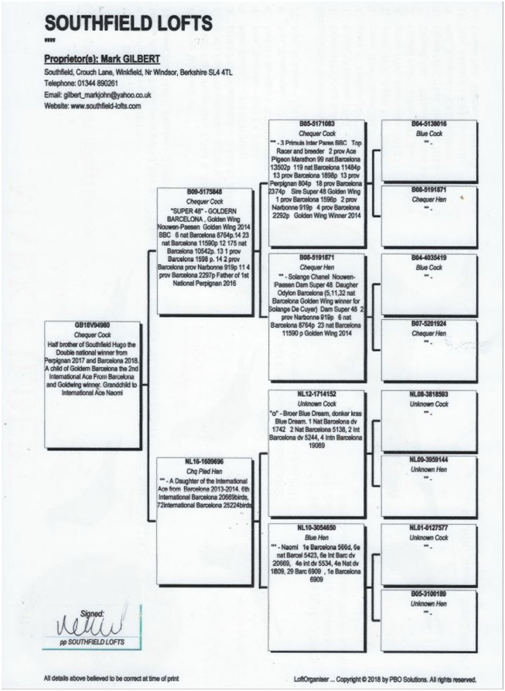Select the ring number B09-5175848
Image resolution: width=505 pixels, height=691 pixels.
tap(204, 191)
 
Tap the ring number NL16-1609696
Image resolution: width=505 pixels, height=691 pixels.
tap(204, 460)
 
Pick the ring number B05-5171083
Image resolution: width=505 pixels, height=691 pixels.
tap(316, 124)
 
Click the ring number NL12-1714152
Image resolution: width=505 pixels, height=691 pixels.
tap(316, 393)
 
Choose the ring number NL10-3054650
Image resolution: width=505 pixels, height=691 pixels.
tap(316, 526)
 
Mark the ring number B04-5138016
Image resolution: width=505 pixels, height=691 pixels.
tap(428, 124)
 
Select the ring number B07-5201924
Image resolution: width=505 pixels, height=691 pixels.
tap(428, 325)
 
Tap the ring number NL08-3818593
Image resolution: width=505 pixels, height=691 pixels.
tap(428, 393)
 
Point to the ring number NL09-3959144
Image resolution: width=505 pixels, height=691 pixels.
tap(428, 459)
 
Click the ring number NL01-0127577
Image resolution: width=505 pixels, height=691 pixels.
tap(428, 526)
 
